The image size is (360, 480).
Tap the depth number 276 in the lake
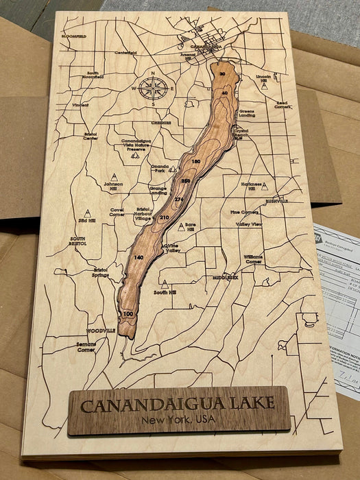tap(180, 199)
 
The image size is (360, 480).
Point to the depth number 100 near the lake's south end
tap(128, 313)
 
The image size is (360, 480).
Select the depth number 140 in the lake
tap(139, 257)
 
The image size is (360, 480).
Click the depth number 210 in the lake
tap(164, 217)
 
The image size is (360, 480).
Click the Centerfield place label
tap(126, 52)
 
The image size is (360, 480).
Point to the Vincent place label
tap(80, 105)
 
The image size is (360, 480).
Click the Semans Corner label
tap(86, 346)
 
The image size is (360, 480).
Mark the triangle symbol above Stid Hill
tap(87, 213)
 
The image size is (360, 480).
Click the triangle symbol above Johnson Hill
tap(114, 177)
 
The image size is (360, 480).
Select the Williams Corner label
tap(253, 259)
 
